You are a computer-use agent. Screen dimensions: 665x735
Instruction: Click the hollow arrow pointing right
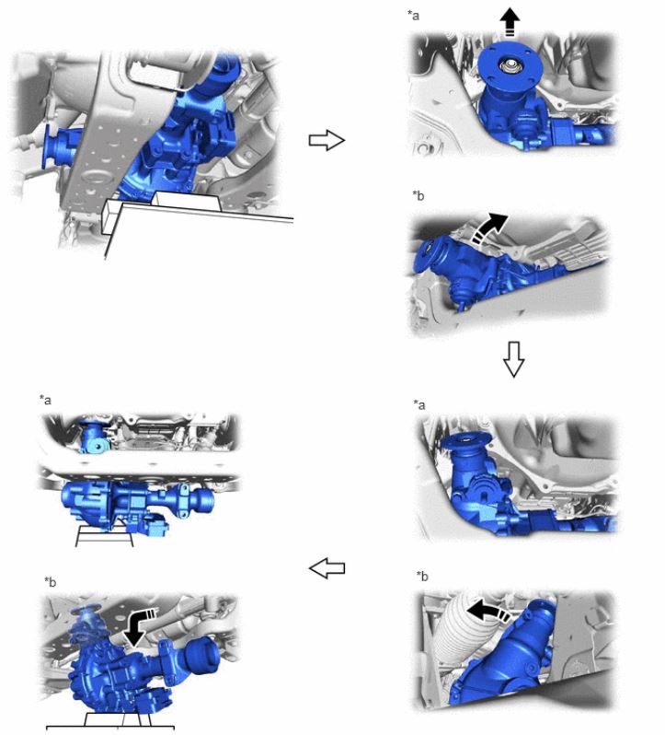(x=327, y=140)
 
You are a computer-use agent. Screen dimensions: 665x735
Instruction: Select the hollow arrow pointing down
(x=513, y=359)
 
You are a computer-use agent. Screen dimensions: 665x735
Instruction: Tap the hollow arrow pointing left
(x=327, y=568)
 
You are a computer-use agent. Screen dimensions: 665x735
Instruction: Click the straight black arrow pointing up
(x=510, y=23)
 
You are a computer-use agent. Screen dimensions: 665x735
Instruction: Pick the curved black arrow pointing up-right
(x=489, y=227)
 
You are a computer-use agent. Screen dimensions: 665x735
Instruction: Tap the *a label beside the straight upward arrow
(x=413, y=16)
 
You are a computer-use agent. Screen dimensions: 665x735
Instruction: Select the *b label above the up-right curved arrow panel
(x=418, y=195)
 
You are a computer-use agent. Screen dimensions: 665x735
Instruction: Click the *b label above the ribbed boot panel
(x=422, y=576)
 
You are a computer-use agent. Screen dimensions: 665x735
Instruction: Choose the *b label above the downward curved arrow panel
(x=50, y=582)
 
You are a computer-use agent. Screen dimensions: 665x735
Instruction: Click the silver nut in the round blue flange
(x=509, y=66)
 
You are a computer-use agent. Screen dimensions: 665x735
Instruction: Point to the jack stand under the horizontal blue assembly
(x=104, y=536)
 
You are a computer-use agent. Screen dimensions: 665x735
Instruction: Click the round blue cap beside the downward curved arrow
(x=202, y=653)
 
